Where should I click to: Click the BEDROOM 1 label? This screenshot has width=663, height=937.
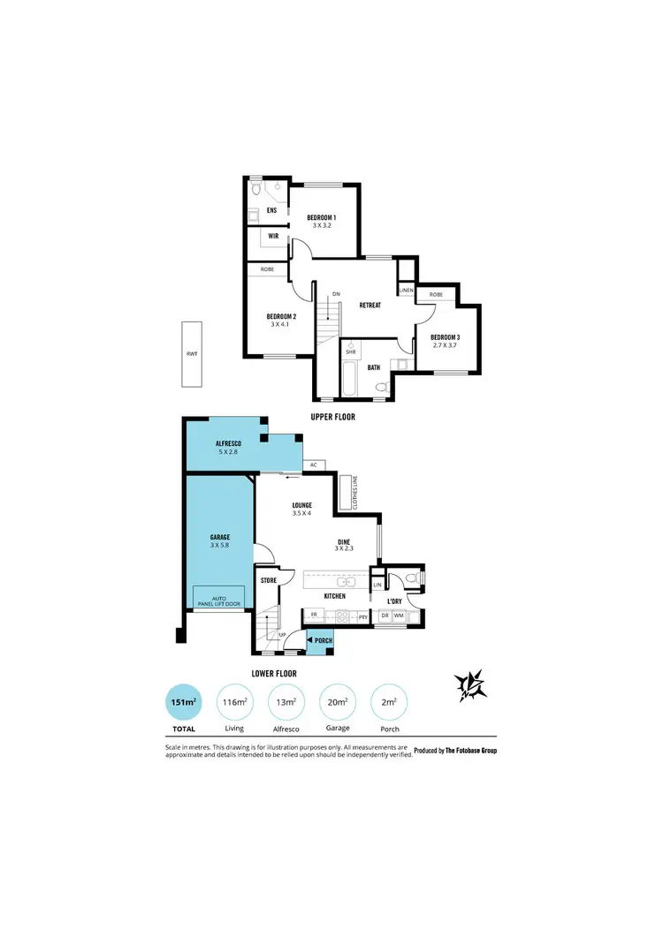coord(321,217)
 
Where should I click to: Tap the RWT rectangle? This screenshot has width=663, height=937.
coord(192,354)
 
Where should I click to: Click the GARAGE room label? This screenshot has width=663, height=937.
coord(220,537)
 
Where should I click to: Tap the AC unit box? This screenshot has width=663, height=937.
coord(314,465)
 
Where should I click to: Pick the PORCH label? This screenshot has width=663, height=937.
coord(324,640)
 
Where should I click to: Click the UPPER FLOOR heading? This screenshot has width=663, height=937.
coord(332,417)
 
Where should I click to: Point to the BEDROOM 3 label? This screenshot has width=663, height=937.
coord(445,337)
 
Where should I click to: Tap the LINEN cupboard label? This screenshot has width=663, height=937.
coord(407,290)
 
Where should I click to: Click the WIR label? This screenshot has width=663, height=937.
coord(273,237)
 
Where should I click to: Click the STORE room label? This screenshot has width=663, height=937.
coord(269,580)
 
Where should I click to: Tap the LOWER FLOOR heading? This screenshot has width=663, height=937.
coord(274,673)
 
